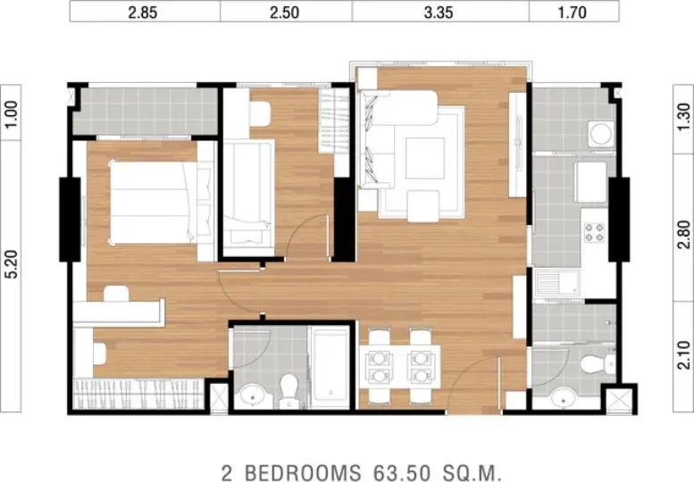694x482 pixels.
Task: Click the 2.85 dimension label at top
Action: (143, 12)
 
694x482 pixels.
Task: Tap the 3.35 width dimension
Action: (439, 12)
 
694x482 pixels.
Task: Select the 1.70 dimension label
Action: (573, 12)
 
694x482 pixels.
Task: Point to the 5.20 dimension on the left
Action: (12, 264)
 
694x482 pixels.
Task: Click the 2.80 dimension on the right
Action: (684, 235)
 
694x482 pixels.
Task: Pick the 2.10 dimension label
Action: (684, 354)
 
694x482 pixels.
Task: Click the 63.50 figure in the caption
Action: (401, 472)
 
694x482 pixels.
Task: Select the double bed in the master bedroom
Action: (154, 203)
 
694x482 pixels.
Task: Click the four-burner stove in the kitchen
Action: (595, 233)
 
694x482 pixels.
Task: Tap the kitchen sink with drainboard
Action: (557, 283)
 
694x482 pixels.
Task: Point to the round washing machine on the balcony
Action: (601, 134)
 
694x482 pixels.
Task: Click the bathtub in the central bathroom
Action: (330, 367)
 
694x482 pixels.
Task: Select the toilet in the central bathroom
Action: (289, 390)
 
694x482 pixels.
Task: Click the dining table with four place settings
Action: (400, 366)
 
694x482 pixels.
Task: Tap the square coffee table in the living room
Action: (425, 158)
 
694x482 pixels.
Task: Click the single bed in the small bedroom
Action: (248, 197)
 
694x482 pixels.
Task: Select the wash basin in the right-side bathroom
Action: (564, 396)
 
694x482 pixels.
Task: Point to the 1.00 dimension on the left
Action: (12, 113)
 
